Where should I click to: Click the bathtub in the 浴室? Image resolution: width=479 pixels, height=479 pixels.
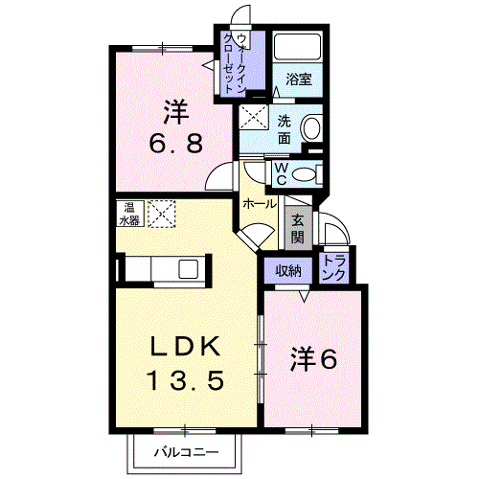coord(299,47)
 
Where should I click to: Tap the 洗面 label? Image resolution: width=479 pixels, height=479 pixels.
coord(285,129)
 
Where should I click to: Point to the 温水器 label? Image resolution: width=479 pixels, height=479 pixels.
coord(127,212)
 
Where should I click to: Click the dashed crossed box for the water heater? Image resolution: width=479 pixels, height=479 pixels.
coord(160,213)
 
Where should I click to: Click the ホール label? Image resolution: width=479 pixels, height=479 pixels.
coord(259,204)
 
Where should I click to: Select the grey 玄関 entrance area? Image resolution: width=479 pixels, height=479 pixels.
coord(298,227)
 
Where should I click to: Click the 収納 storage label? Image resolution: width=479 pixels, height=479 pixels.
coord(288,270)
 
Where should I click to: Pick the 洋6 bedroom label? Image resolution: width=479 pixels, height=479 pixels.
coord(314,359)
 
